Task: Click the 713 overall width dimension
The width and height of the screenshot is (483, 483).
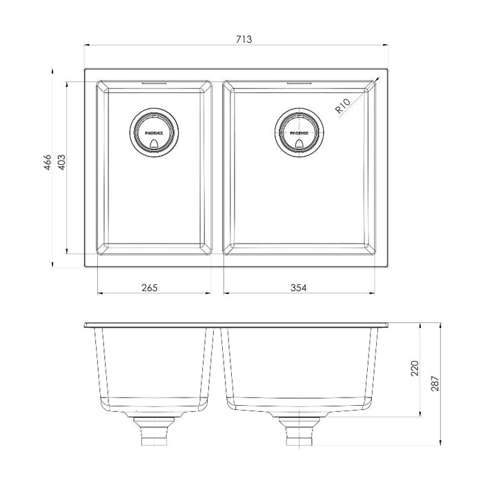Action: (244, 39)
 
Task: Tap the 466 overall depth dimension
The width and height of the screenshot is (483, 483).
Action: (47, 162)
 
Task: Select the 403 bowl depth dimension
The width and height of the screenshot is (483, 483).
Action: (61, 162)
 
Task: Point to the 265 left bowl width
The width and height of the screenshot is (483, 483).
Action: (150, 288)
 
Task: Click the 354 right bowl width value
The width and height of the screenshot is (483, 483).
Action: (299, 288)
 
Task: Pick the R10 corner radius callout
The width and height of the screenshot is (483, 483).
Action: (343, 106)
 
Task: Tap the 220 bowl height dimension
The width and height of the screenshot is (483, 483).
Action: (415, 368)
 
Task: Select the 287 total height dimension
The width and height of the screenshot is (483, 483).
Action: (435, 384)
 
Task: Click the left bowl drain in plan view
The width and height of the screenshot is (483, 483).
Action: (154, 132)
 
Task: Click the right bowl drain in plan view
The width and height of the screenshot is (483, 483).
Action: (299, 132)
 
